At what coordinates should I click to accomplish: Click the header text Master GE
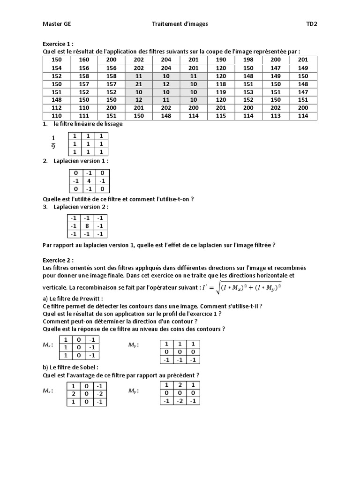57,23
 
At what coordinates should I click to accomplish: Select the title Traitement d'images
180,23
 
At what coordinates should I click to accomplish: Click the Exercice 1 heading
58,43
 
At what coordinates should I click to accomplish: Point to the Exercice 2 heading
58,260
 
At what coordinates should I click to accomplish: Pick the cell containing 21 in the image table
139,84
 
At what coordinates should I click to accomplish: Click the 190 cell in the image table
221,60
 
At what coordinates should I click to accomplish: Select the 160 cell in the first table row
84,60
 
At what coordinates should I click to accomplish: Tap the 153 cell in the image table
248,92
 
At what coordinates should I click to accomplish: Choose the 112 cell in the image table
56,108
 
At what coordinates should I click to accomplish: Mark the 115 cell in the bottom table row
221,116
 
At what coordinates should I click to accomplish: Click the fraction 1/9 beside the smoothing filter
53,142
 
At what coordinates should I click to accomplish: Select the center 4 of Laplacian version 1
88,180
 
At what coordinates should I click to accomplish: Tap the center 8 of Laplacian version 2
86,226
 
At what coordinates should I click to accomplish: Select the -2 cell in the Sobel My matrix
180,401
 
